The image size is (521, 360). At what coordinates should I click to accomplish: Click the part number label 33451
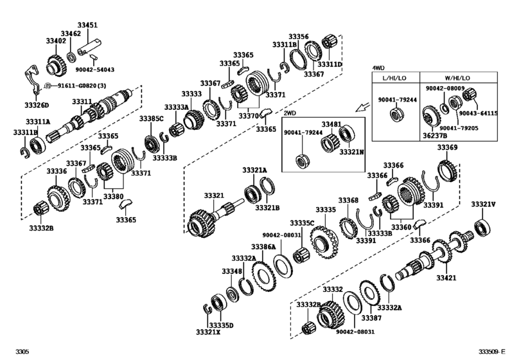(88, 25)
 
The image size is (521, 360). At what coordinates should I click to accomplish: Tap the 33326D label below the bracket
(33, 105)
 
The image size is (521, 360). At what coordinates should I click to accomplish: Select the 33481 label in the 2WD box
(331, 123)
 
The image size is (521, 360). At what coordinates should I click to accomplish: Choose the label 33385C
(152, 119)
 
